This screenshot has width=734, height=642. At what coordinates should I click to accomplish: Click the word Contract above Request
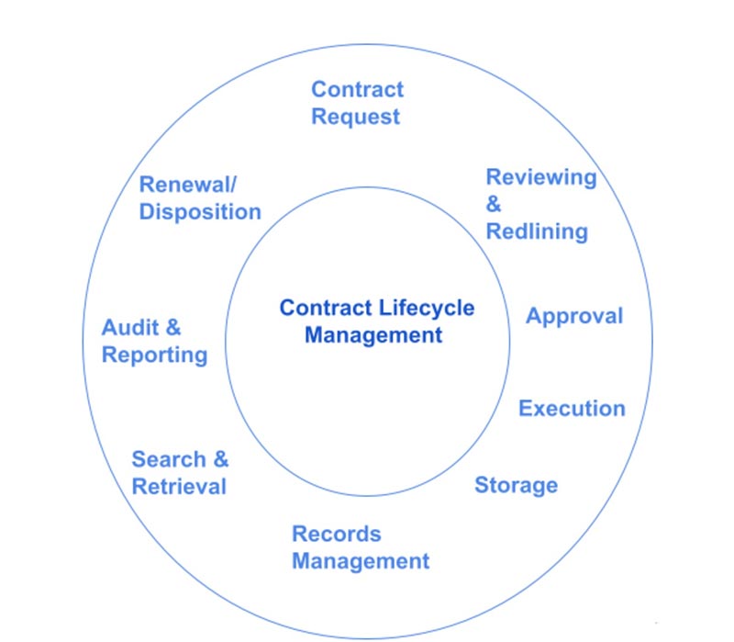click(357, 89)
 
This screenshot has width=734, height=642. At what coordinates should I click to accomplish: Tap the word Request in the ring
click(356, 118)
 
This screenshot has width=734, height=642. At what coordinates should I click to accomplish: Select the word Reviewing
click(541, 178)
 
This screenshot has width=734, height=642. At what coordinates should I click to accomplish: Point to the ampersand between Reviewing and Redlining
click(494, 204)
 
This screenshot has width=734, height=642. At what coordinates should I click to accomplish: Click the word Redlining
click(537, 231)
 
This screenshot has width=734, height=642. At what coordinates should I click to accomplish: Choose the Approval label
click(574, 316)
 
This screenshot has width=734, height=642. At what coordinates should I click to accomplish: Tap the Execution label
click(572, 408)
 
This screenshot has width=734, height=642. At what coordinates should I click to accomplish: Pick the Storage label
click(517, 486)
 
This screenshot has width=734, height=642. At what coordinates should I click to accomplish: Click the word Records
click(337, 534)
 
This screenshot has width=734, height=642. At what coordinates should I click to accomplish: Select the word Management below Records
click(361, 561)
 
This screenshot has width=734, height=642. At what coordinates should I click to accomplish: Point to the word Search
click(169, 459)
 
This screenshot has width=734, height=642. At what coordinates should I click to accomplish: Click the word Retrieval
click(179, 487)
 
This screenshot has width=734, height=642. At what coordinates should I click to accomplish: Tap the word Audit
click(130, 327)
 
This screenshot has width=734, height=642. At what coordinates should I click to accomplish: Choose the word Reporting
click(155, 355)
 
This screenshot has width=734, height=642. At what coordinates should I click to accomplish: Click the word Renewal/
click(188, 185)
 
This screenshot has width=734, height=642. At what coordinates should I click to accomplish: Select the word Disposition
click(200, 212)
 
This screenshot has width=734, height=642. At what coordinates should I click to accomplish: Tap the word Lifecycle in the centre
click(427, 309)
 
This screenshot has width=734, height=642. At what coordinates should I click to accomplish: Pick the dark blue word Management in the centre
click(373, 335)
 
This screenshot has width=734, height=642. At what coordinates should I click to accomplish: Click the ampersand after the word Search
click(221, 459)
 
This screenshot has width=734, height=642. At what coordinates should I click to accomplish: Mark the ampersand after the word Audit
click(173, 327)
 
